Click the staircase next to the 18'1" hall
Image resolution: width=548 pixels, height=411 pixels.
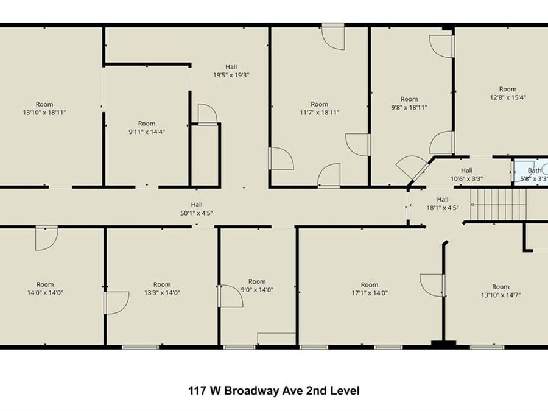click(498, 205)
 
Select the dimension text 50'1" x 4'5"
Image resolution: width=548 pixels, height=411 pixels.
click(196, 213)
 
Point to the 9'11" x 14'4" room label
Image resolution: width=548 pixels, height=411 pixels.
click(146, 127)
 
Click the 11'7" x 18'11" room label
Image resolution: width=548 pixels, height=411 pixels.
click(319, 108)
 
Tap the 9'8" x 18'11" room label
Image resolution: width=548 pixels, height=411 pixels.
click(409, 104)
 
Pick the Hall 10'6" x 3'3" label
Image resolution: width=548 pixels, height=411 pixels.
click(466, 175)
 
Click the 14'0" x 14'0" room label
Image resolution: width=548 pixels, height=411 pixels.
click(45, 289)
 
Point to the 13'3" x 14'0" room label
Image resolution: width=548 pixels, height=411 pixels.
click(162, 289)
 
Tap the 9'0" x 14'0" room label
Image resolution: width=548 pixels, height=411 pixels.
click(257, 286)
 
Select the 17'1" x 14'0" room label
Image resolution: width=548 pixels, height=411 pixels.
click(370, 289)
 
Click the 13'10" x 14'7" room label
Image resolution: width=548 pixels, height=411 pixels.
click(501, 291)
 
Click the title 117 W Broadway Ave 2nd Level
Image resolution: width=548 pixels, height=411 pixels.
click(273, 390)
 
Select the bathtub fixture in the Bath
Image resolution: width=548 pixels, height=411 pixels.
click(521, 171)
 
